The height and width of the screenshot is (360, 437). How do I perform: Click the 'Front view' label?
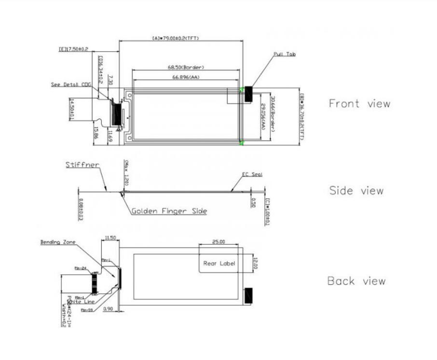click(359, 103)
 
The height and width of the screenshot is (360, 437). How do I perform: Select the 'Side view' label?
click(356, 191)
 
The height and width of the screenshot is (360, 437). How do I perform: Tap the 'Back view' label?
click(356, 281)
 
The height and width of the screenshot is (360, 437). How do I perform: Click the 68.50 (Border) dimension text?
click(186, 67)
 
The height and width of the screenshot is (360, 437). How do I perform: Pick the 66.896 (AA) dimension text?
click(186, 77)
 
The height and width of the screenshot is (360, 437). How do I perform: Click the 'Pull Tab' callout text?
click(285, 54)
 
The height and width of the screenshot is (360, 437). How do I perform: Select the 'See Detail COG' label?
click(71, 84)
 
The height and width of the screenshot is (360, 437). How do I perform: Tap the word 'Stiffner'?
click(82, 165)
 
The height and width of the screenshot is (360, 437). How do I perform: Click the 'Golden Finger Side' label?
click(169, 211)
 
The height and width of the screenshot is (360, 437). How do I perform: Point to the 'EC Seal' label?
click(252, 175)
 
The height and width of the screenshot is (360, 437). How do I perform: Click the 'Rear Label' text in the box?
click(219, 263)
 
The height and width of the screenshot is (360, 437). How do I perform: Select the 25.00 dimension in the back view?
click(218, 242)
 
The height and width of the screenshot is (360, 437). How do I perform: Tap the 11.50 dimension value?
click(110, 238)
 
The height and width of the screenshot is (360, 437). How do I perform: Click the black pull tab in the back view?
click(249, 295)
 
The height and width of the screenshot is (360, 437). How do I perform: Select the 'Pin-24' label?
click(80, 268)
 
